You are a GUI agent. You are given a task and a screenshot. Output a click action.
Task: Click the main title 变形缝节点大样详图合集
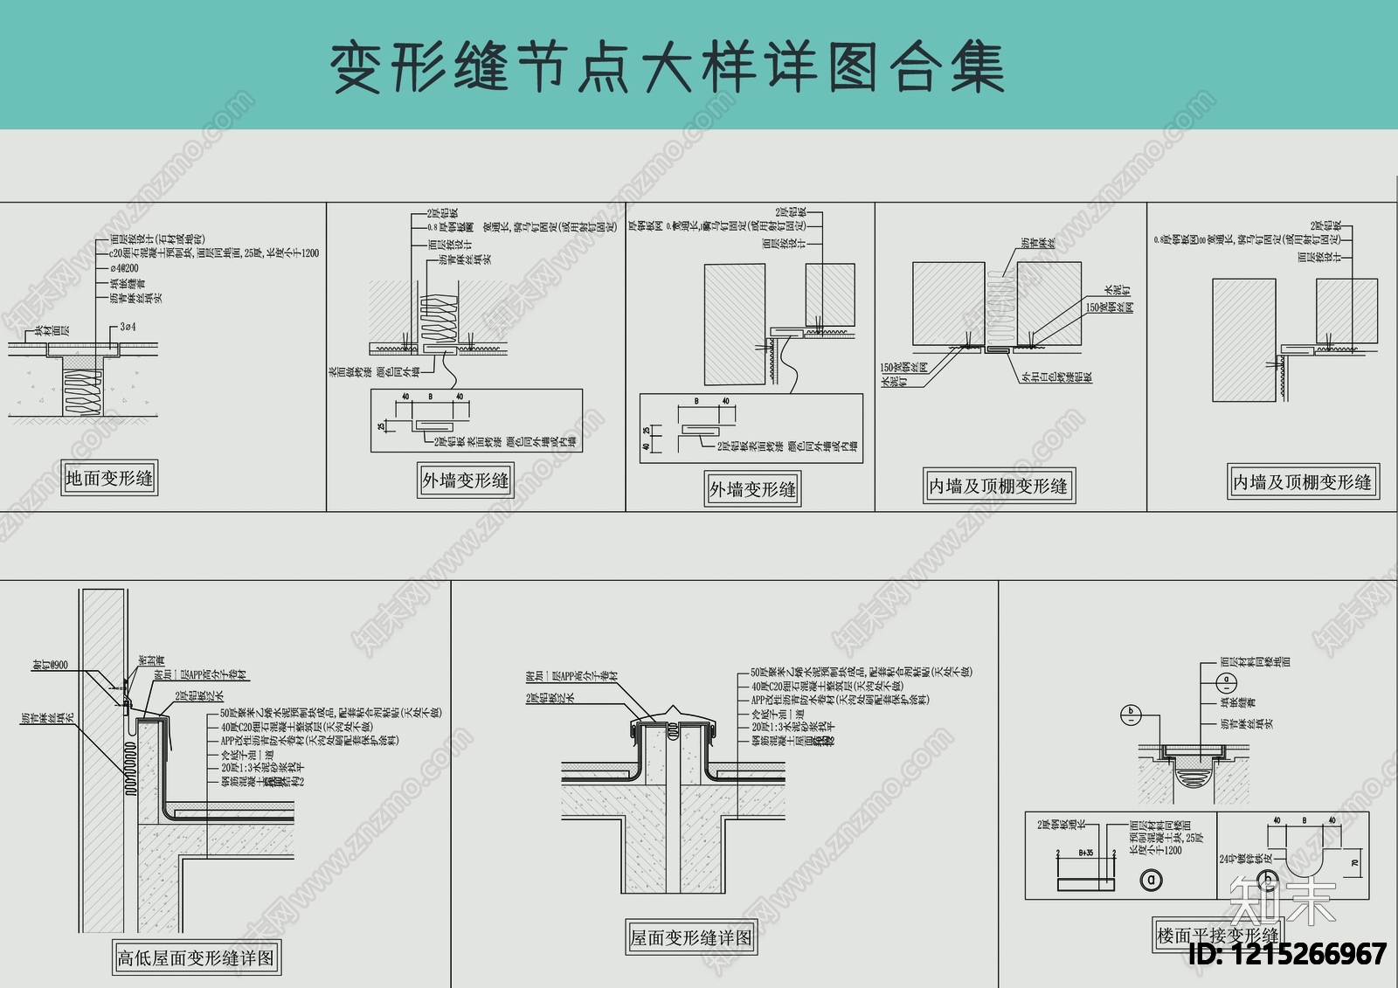point(668,67)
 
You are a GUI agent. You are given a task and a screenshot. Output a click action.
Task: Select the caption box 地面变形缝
point(109,478)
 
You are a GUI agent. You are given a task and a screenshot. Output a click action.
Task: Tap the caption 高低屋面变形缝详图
point(196,958)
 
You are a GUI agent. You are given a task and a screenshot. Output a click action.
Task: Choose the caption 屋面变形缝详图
point(691,937)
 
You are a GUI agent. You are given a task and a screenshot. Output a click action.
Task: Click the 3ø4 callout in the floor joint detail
point(128,327)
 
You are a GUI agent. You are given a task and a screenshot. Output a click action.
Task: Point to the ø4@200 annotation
point(124,268)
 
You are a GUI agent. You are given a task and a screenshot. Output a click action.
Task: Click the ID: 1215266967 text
point(1287,954)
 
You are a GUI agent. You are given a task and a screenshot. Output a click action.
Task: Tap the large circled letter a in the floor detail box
point(1152,880)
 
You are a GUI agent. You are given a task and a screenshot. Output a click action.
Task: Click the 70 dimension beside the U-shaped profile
point(1355,863)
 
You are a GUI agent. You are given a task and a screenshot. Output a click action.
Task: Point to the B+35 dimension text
point(1086,853)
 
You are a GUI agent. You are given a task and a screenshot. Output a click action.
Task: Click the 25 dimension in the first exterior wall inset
point(381,426)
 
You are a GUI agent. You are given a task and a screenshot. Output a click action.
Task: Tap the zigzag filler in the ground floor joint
point(83,394)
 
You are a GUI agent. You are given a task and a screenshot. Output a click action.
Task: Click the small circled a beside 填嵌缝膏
point(1226,680)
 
